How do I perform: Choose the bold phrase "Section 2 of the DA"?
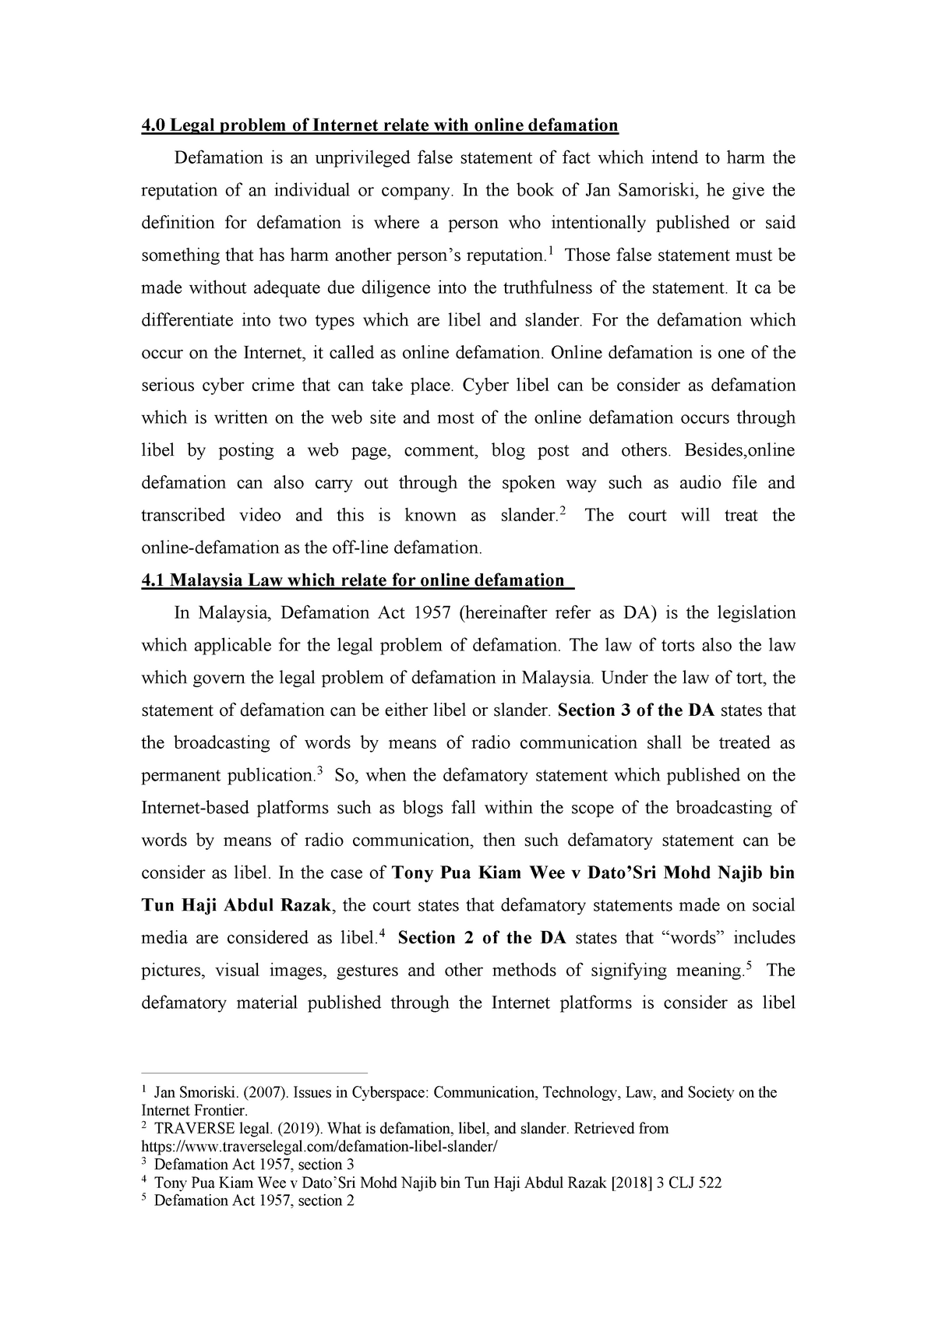(482, 938)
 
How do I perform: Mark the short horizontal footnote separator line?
(253, 1072)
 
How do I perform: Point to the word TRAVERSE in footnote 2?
(190, 1129)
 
